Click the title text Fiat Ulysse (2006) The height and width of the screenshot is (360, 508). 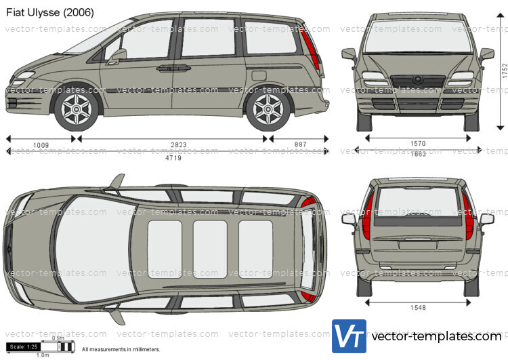[51, 12]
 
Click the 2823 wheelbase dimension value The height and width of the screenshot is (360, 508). [178, 145]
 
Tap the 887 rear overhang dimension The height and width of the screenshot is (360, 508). [300, 145]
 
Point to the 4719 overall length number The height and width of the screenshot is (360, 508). [175, 157]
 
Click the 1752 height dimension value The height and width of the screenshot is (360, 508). [505, 71]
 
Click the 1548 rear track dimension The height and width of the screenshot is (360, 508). [418, 308]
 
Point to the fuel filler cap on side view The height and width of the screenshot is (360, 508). [259, 75]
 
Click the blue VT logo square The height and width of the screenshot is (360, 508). [349, 336]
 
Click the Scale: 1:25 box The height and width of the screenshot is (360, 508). [24, 346]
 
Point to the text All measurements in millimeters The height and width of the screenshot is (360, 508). [121, 349]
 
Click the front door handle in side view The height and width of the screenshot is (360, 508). [165, 68]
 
